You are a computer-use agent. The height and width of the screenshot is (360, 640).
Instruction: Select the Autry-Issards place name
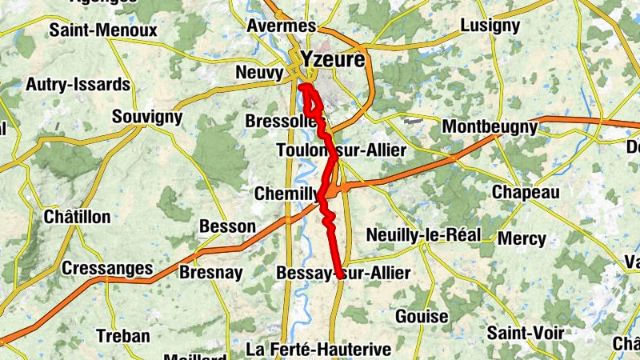(78, 84)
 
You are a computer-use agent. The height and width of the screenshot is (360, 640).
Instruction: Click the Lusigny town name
(490, 26)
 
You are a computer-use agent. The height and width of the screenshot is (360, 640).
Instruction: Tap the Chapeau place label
(526, 193)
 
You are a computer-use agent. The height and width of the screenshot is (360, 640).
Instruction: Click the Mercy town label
(522, 238)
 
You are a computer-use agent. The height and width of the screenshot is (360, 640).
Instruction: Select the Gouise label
(422, 316)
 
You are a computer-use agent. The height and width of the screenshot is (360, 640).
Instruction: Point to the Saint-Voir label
(526, 332)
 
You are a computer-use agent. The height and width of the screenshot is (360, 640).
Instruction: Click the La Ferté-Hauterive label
(318, 350)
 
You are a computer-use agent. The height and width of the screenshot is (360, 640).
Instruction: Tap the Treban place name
(122, 336)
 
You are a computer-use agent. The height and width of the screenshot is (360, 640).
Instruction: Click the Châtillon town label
(77, 217)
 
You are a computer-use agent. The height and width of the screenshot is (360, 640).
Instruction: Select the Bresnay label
(210, 273)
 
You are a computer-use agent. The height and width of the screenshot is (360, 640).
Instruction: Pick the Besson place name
(227, 226)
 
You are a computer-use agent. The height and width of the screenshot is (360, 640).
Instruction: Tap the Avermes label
(282, 26)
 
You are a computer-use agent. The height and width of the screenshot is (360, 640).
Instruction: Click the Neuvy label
(260, 74)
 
